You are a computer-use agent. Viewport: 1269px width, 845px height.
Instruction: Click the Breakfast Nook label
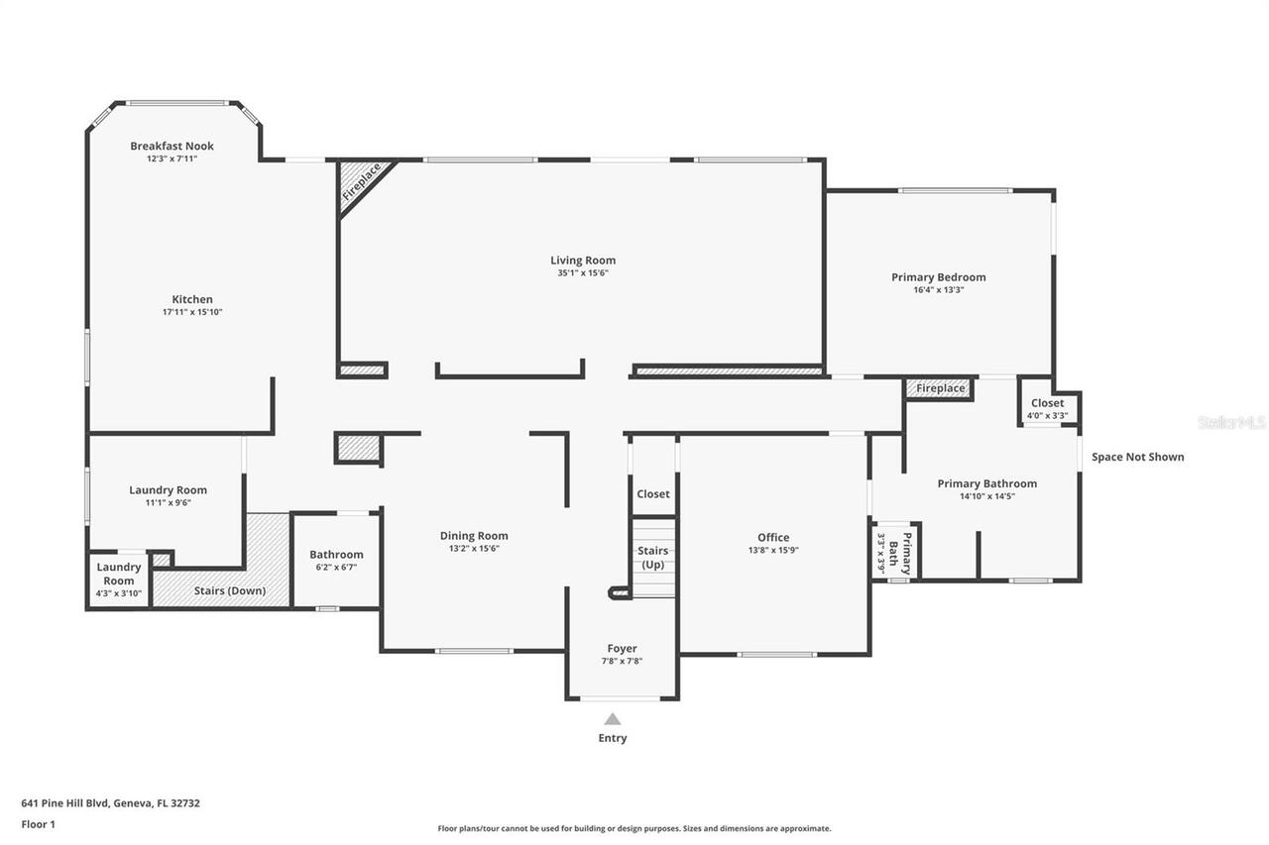[172, 146]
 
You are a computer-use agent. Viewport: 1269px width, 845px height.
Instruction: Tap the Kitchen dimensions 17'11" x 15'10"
[192, 312]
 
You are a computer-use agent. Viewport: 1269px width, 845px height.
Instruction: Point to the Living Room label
[583, 261]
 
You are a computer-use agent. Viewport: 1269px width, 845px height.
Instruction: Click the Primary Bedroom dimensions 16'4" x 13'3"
[938, 290]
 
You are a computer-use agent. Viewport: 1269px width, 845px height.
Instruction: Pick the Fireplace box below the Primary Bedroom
[940, 388]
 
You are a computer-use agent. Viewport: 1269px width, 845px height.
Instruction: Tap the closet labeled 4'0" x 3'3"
[1047, 408]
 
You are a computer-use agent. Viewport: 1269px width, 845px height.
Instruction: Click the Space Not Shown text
[1137, 457]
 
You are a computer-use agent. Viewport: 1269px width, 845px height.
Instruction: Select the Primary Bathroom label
[986, 483]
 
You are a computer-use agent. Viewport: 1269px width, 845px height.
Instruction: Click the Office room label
[773, 538]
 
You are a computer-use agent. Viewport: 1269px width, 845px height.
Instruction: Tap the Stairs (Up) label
[653, 557]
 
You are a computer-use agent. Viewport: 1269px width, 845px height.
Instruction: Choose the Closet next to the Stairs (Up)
[653, 493]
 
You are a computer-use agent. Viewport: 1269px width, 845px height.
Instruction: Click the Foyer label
[622, 649]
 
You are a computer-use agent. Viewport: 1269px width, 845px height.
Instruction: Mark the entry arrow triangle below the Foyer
[613, 719]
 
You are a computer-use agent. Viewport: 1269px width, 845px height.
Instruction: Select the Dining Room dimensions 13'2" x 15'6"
[474, 548]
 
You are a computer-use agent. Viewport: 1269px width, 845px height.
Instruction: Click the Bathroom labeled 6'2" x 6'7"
[336, 560]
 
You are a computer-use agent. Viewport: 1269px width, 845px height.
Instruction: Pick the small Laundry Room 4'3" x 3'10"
[119, 580]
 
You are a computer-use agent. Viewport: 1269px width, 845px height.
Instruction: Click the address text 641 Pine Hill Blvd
[111, 803]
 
